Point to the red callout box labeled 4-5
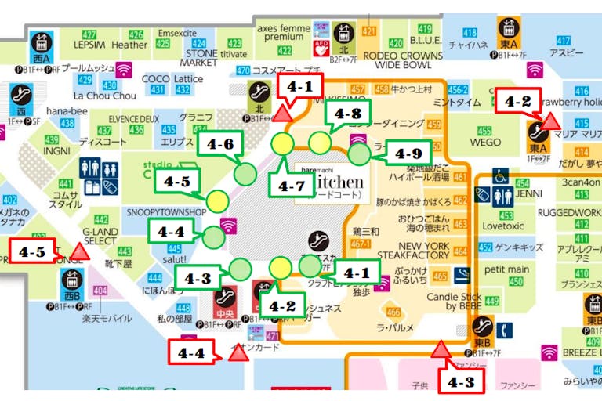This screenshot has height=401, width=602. (x=31, y=252)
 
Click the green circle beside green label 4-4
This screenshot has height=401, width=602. (x=212, y=234)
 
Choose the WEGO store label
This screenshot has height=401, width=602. (x=485, y=143)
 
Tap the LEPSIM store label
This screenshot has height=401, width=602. (x=89, y=45)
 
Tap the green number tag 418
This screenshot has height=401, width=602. (x=470, y=33)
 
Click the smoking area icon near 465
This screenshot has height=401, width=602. (x=462, y=276)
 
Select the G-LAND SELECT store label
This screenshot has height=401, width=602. (x=100, y=236)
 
